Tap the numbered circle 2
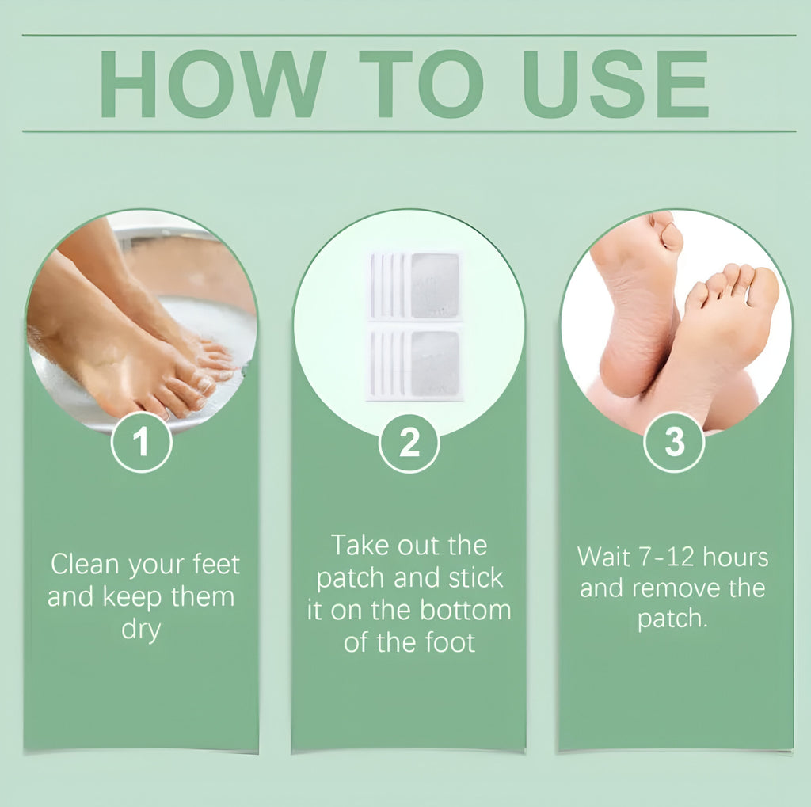tap(409, 443)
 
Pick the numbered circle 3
tap(674, 442)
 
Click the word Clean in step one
tap(85, 565)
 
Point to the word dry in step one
tap(141, 630)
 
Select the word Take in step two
tap(358, 546)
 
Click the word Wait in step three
tap(603, 557)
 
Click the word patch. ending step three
tap(672, 619)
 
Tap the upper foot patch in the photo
tap(415, 286)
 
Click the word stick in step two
tap(475, 578)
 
